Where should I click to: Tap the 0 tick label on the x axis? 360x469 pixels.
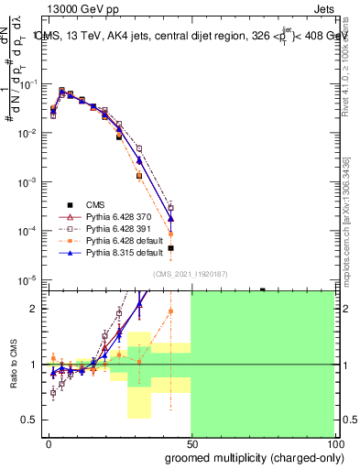[x=49, y=442]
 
